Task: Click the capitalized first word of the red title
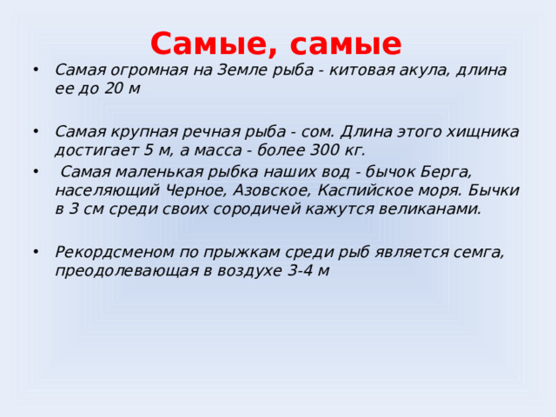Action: [211, 43]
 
